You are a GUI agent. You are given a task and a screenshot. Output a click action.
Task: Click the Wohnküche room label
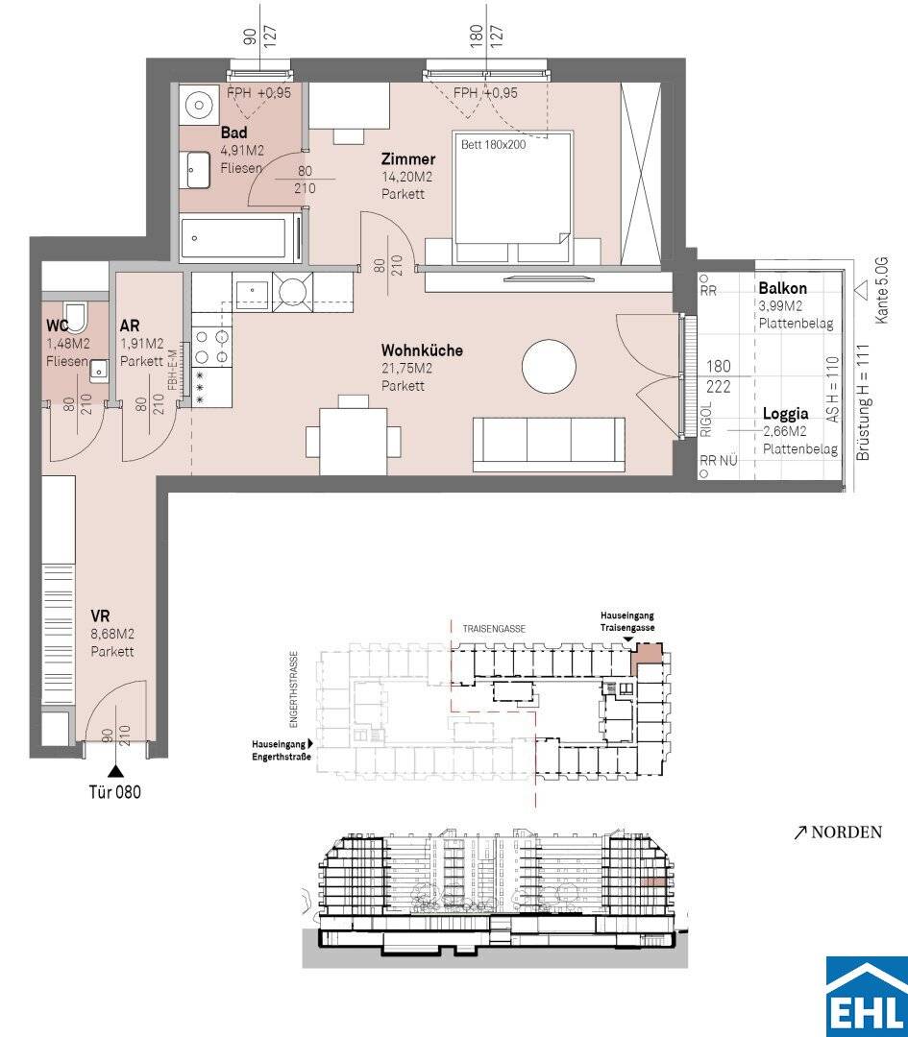point(422,350)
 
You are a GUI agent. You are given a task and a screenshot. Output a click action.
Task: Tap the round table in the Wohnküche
point(549,367)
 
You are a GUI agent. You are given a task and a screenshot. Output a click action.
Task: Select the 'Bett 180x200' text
point(493,144)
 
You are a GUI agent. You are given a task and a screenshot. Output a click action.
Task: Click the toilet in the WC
point(76,317)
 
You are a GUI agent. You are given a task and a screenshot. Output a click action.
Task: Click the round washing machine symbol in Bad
point(197,104)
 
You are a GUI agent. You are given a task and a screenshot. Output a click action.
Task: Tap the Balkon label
point(783,288)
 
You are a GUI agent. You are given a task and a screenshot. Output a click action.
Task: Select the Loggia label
point(786,414)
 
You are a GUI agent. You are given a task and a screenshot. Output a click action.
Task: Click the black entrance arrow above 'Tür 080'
point(115,770)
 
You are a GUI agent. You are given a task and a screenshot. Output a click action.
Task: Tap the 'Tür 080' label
point(115,791)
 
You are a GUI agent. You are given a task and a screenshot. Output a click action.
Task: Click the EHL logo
point(867,996)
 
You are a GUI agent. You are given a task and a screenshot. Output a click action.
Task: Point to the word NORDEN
point(847,832)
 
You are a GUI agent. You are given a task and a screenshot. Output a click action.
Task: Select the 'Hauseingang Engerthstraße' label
point(282,750)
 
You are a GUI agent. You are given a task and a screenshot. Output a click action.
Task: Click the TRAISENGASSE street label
point(494,629)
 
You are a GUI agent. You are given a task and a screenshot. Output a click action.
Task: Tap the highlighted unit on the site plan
point(646,659)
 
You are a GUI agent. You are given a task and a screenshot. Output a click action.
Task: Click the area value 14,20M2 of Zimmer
point(407,178)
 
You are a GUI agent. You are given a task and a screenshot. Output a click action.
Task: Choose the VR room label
point(101,616)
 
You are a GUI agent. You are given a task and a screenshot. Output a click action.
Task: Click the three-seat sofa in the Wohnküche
point(550,445)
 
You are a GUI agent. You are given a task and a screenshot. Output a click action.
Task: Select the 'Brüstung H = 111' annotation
point(864,402)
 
